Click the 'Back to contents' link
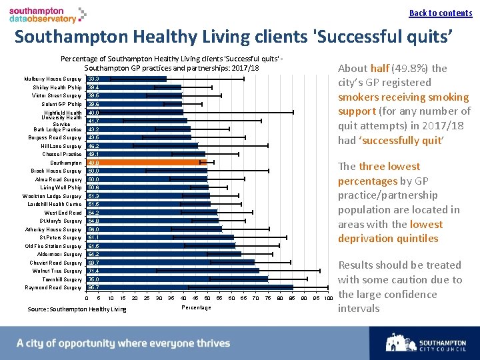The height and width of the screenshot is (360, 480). pos(440,13)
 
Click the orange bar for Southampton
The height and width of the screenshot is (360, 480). pos(147,162)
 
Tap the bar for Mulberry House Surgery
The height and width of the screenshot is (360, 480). pos(127,79)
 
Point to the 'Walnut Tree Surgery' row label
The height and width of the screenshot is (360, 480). pos(57,271)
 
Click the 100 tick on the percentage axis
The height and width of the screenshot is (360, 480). pos(328,298)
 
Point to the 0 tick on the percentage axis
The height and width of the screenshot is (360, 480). pos(87,298)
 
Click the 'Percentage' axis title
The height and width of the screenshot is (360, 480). pos(196,307)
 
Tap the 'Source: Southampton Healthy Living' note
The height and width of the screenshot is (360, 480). pos(77,309)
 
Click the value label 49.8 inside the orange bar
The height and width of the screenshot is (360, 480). pos(94,163)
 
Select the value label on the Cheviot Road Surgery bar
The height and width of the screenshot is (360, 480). pos(94,263)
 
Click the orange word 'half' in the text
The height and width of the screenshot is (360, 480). pos(380,68)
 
